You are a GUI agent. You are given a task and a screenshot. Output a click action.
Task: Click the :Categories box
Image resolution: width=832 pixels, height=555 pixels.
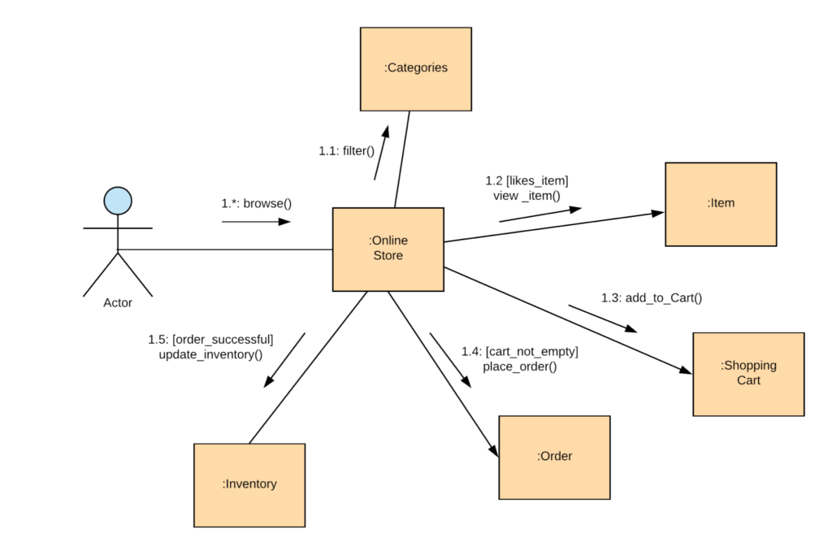pyautogui.click(x=416, y=68)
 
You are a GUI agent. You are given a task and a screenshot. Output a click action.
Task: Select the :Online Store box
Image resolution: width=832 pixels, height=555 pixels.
pyautogui.click(x=388, y=249)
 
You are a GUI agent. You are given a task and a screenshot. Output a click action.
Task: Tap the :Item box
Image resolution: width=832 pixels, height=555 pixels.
pyautogui.click(x=721, y=204)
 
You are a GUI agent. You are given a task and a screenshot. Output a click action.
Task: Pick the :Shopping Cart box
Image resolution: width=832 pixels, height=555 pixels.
pyautogui.click(x=748, y=374)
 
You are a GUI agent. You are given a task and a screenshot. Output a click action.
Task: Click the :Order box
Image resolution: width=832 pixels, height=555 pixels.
pyautogui.click(x=554, y=457)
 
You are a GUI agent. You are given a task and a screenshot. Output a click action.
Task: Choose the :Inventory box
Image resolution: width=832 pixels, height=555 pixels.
pyautogui.click(x=249, y=484)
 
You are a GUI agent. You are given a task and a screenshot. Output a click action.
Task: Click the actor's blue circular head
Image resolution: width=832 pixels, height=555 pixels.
pyautogui.click(x=118, y=200)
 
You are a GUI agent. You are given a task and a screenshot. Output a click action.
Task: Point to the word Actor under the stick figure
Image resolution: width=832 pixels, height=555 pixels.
pyautogui.click(x=118, y=303)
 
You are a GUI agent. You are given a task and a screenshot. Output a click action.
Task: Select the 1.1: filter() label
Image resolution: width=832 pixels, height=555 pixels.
pyautogui.click(x=346, y=150)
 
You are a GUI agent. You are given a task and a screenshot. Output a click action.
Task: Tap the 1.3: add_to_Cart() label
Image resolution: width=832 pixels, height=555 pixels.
pyautogui.click(x=652, y=298)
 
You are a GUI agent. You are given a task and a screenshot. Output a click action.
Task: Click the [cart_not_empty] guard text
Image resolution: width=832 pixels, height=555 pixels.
pyautogui.click(x=532, y=352)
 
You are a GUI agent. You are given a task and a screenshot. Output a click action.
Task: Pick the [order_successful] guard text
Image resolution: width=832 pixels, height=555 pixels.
pyautogui.click(x=223, y=339)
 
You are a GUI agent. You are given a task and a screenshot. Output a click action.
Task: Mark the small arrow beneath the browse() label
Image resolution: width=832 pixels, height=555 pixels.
pyautogui.click(x=255, y=221)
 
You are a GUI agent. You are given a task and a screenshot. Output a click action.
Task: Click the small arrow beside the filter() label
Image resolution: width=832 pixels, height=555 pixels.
pyautogui.click(x=382, y=153)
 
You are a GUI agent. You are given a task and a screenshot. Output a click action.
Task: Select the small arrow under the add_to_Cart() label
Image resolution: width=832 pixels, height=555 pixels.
pyautogui.click(x=602, y=319)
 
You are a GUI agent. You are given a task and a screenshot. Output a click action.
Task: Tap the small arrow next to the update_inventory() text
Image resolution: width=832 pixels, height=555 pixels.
pyautogui.click(x=284, y=359)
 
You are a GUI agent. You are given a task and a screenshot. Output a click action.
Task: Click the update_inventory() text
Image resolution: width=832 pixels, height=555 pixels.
pyautogui.click(x=210, y=354)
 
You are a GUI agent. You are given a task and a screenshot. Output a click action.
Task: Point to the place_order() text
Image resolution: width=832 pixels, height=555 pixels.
pyautogui.click(x=520, y=366)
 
